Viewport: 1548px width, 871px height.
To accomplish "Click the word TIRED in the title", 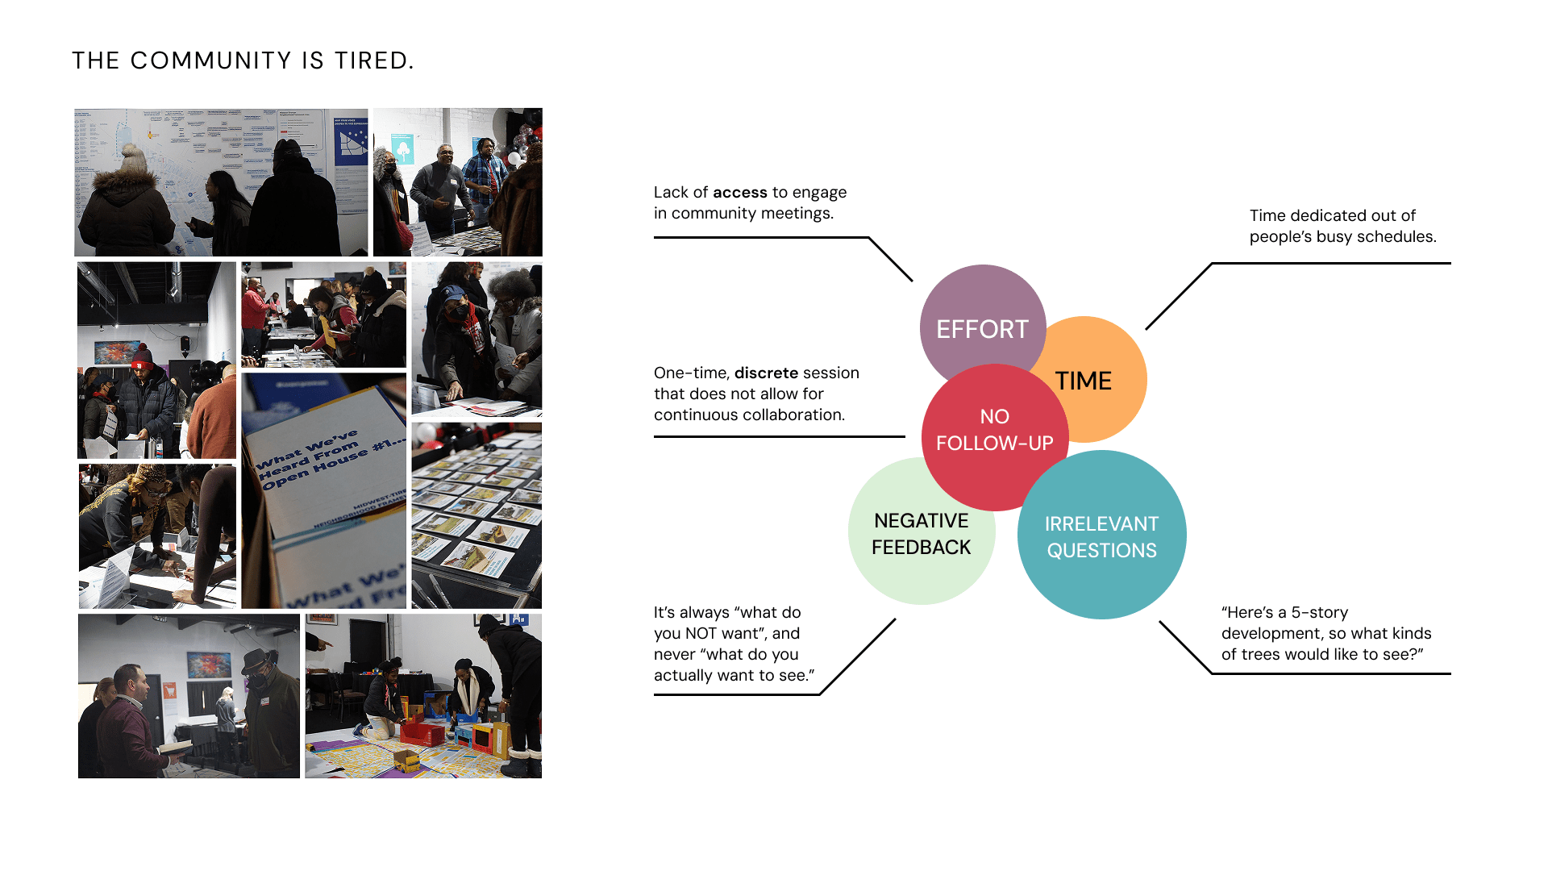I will coord(374,61).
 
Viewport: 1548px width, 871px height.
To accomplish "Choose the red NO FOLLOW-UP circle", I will coord(994,431).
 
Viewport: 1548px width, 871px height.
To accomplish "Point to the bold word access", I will coord(739,193).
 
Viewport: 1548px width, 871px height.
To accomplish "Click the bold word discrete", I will coord(766,373).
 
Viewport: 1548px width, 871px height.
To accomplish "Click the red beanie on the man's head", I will coord(142,355).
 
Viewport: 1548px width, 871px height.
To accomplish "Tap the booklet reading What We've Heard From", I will coord(322,460).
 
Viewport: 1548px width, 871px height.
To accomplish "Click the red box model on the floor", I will coord(422,733).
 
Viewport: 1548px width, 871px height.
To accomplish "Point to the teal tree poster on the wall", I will coord(402,149).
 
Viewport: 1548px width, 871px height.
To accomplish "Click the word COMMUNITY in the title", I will coord(210,61).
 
